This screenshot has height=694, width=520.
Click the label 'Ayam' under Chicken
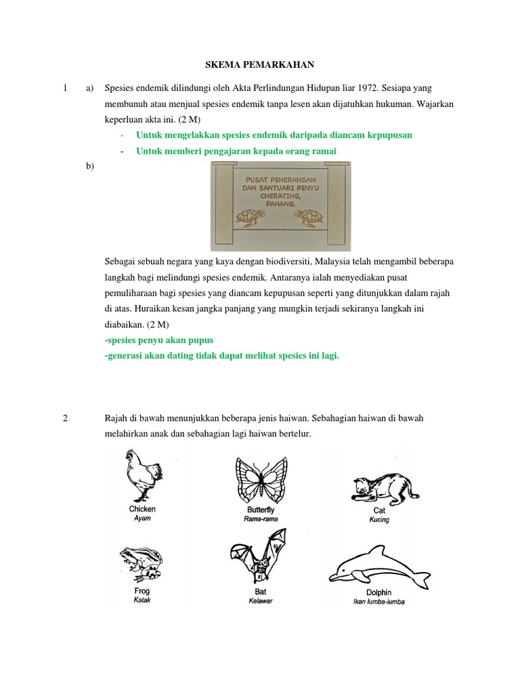142,518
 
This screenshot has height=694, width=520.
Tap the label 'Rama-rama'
261,518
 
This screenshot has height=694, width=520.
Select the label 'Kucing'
379,520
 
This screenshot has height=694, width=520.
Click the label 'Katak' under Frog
142,600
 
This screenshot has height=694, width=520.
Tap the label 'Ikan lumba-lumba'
378,602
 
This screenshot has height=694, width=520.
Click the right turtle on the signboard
311,218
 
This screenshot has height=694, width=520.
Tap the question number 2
65,418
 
